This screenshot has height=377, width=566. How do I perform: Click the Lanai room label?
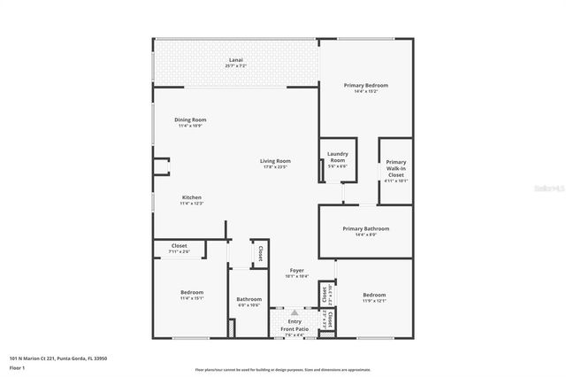(235, 60)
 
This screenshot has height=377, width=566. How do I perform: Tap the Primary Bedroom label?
(366, 85)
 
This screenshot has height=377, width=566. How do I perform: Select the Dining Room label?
(190, 119)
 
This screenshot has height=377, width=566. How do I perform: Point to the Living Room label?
(273, 160)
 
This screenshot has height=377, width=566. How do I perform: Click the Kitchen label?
(192, 197)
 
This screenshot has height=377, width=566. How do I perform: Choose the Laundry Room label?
(338, 157)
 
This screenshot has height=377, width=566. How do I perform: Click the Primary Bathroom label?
(366, 228)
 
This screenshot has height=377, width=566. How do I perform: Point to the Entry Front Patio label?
(294, 326)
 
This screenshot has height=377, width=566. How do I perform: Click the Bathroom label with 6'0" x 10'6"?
(249, 299)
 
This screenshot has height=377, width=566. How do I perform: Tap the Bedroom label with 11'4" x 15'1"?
(192, 292)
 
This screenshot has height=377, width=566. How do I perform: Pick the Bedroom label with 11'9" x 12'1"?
(374, 295)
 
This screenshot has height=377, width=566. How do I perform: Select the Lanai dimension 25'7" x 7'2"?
(235, 66)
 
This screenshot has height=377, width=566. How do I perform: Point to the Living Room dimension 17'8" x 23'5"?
(273, 166)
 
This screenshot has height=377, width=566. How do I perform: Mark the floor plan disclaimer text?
(283, 369)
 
